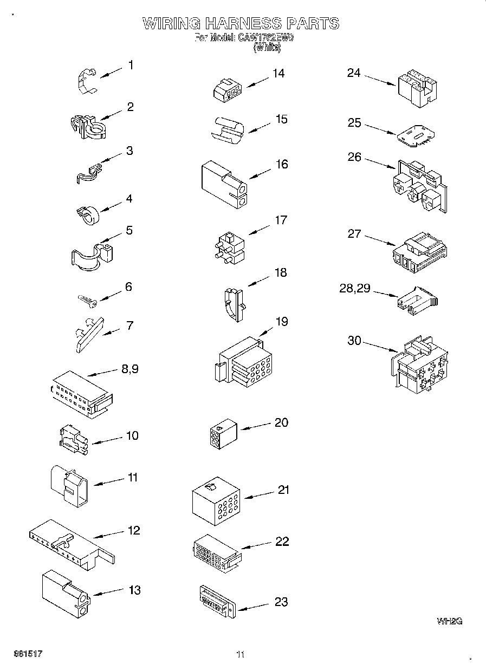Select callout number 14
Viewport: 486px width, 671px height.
278,74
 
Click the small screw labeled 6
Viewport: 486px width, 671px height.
87,299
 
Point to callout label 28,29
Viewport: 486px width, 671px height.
355,288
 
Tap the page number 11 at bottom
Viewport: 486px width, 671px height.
241,654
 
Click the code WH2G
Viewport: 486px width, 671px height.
449,621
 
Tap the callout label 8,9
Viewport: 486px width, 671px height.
131,369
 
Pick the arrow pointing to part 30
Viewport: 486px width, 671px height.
380,346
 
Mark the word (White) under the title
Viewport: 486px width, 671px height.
267,48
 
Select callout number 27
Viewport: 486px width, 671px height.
354,234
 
